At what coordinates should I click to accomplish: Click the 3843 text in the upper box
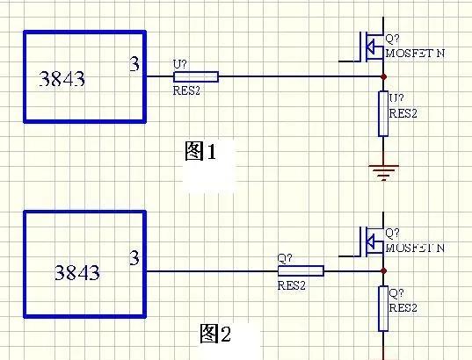click(x=62, y=79)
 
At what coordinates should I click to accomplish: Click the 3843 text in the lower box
click(x=77, y=273)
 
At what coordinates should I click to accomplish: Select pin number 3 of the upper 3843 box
click(x=134, y=64)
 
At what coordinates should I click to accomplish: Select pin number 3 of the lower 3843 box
click(x=134, y=258)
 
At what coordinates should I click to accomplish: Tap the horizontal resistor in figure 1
click(x=196, y=76)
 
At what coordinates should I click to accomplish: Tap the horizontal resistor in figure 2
click(x=301, y=271)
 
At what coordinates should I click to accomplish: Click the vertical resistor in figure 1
click(x=383, y=113)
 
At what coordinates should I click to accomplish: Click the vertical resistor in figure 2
click(x=383, y=308)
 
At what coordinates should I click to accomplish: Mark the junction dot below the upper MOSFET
click(x=383, y=77)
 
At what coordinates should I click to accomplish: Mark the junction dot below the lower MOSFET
click(x=383, y=271)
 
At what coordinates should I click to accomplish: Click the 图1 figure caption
click(x=200, y=151)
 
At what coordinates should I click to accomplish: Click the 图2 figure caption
click(x=215, y=334)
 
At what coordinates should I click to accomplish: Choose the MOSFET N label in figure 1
click(x=415, y=54)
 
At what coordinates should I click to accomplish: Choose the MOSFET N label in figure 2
click(x=415, y=248)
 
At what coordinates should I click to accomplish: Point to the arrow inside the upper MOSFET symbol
click(x=370, y=47)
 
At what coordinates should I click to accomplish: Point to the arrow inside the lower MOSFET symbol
click(x=370, y=241)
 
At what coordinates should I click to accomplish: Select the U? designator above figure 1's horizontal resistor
click(x=180, y=64)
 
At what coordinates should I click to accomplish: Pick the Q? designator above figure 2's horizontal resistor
click(x=285, y=258)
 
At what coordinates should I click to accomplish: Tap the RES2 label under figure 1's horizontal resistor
click(x=186, y=90)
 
